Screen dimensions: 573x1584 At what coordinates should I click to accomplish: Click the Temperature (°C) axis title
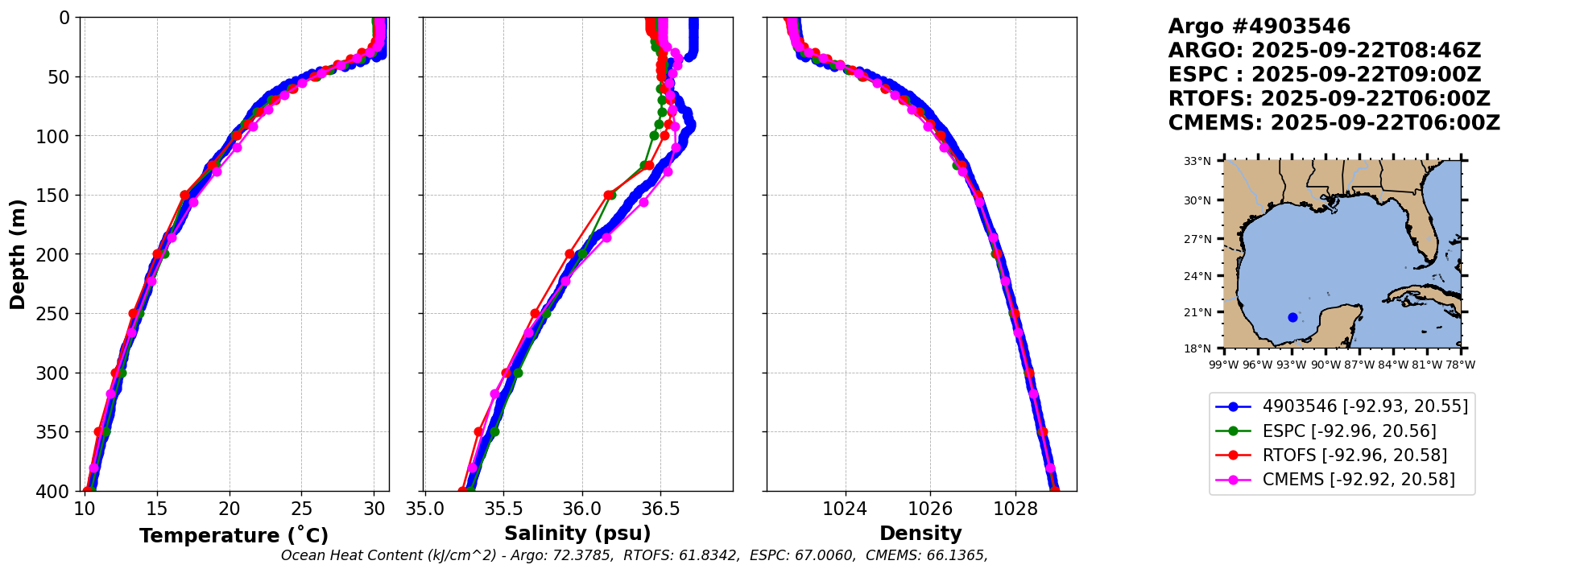(234, 535)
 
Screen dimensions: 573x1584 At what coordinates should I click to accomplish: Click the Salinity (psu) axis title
(577, 534)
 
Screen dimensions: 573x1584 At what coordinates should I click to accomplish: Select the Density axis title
(920, 534)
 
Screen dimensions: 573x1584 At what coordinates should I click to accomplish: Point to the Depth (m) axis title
(17, 254)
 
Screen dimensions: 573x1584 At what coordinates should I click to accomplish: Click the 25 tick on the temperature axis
(301, 509)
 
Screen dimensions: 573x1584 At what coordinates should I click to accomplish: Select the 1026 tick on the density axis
(930, 509)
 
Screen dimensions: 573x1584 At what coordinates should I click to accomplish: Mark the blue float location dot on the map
(1292, 317)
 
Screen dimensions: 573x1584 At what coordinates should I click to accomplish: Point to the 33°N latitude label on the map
(1197, 161)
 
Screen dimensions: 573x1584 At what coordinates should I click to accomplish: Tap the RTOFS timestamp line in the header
(1329, 99)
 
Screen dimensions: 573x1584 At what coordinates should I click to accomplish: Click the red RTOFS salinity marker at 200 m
(570, 254)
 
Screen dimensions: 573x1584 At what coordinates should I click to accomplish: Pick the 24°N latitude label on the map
(1197, 276)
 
